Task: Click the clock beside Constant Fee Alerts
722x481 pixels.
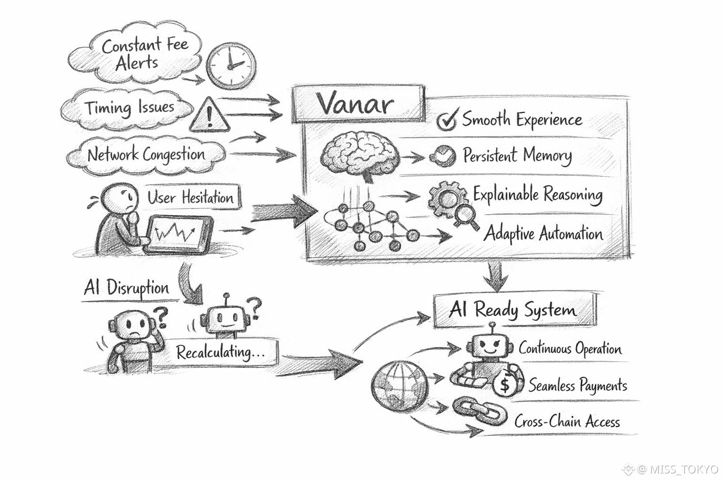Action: [231, 66]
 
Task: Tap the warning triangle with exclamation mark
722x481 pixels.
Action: [209, 116]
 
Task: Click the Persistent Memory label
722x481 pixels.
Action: [517, 155]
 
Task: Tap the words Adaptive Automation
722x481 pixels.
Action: [543, 233]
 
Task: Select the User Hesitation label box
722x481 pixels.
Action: [190, 197]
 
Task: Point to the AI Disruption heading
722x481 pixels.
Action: [126, 287]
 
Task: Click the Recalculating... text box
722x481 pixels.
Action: [220, 352]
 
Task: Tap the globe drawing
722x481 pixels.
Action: [399, 386]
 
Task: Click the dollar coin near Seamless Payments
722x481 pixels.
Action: [505, 386]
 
